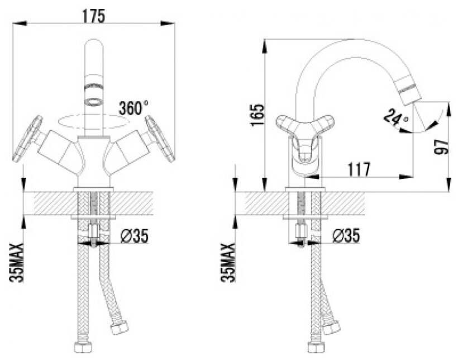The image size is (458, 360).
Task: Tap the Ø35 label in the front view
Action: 134,236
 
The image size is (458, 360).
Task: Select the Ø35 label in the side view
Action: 345,236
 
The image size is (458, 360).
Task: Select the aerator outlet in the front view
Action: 93,92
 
